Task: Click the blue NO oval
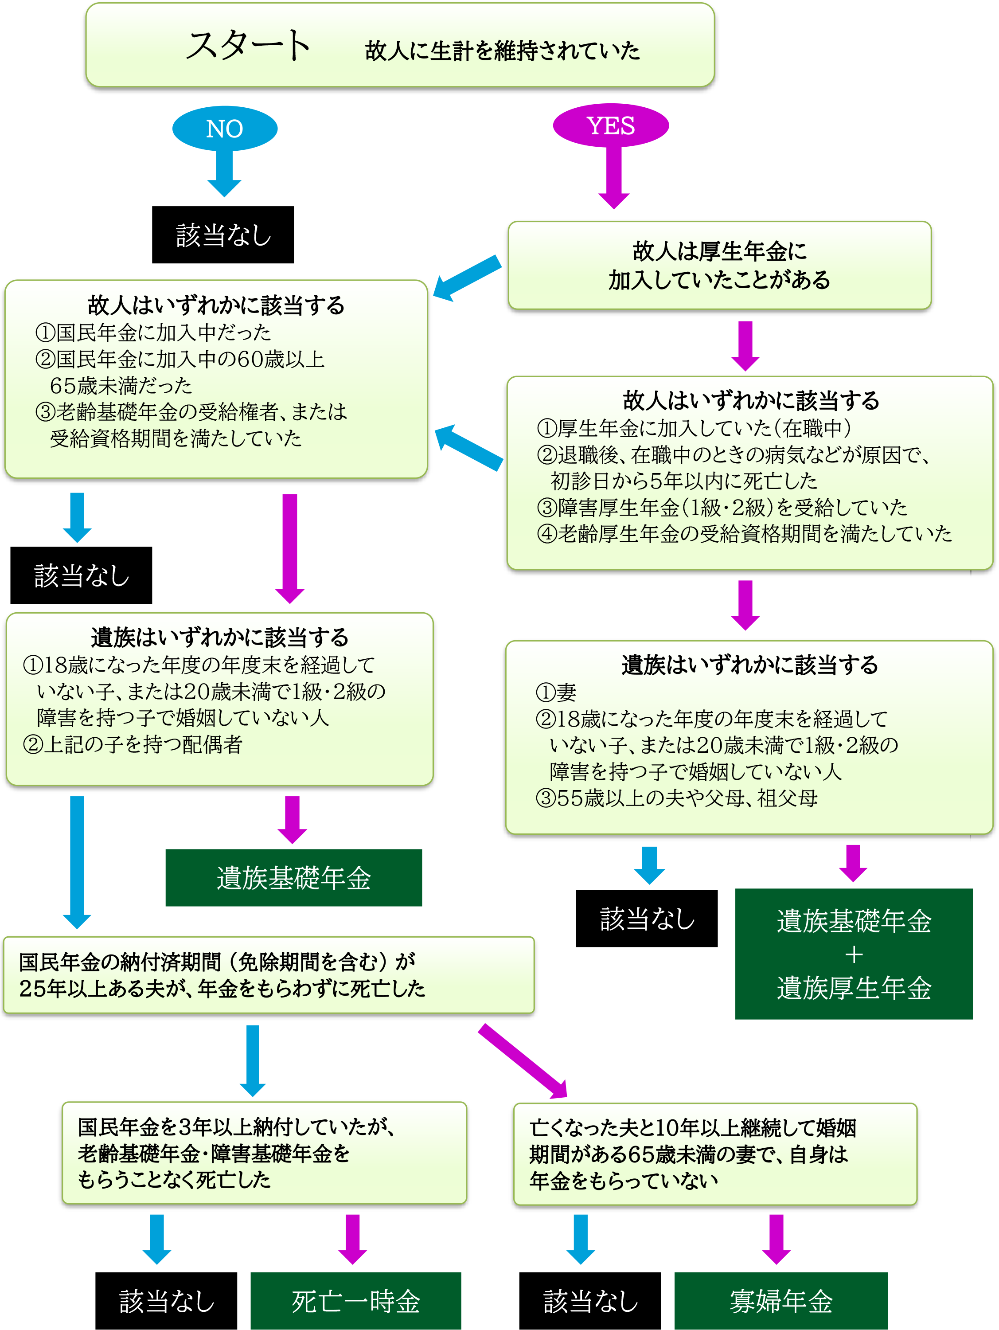(224, 128)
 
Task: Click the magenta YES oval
(610, 125)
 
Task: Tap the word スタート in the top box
(248, 46)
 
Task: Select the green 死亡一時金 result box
(355, 1301)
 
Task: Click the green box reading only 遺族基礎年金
(293, 877)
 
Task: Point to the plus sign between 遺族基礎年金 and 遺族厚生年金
(854, 954)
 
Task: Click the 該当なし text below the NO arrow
(224, 235)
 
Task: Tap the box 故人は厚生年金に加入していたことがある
(719, 265)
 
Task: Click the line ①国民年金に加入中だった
(153, 332)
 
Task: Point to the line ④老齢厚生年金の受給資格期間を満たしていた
(744, 533)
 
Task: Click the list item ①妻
(556, 692)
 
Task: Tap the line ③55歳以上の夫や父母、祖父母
(676, 798)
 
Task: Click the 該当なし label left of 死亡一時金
(167, 1301)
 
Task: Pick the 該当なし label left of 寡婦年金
(590, 1301)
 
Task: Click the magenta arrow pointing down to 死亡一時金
(352, 1239)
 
